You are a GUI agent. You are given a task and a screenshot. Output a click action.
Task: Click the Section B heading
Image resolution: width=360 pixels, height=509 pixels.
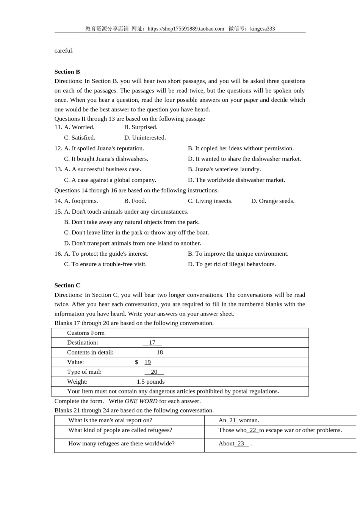(x=67, y=72)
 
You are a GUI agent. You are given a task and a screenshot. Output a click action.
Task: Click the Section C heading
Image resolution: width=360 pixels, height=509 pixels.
(x=67, y=285)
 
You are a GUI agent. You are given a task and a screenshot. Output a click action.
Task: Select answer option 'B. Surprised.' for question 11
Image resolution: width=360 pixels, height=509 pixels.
(x=141, y=127)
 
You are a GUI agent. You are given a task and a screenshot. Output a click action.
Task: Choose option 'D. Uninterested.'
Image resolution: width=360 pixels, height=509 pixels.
(x=145, y=137)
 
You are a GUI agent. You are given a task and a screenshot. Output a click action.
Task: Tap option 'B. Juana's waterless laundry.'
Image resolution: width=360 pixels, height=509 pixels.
(x=224, y=169)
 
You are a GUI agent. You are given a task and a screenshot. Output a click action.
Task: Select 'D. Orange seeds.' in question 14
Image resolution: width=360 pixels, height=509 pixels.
(x=272, y=201)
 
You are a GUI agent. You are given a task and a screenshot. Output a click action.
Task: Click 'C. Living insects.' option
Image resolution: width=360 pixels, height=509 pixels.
(x=210, y=201)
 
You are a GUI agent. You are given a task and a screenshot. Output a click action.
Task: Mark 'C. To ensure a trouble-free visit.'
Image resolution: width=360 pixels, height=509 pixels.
(x=105, y=264)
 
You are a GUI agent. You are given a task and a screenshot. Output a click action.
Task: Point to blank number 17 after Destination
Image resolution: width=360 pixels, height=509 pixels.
(x=152, y=343)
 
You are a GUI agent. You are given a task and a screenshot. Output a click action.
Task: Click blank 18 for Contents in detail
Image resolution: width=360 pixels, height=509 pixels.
(x=160, y=353)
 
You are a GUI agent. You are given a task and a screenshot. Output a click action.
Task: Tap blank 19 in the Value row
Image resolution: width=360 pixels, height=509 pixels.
(x=147, y=362)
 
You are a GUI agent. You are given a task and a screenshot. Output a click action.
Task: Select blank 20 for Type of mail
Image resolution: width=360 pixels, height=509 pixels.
(x=154, y=372)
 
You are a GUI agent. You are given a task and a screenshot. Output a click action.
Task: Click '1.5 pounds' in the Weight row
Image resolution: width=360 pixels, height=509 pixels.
(x=150, y=382)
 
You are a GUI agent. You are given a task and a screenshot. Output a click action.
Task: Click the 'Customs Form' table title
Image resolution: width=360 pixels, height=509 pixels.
(x=86, y=333)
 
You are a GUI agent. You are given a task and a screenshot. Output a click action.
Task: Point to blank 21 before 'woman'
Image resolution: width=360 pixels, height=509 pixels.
(x=233, y=420)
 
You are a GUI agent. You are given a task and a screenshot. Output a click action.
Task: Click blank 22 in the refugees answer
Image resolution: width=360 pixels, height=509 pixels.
(x=253, y=430)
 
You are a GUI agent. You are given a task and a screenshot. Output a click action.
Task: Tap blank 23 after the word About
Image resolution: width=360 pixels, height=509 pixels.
(x=241, y=443)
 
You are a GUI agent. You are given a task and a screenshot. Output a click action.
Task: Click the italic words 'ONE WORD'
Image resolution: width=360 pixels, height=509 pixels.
(x=141, y=401)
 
